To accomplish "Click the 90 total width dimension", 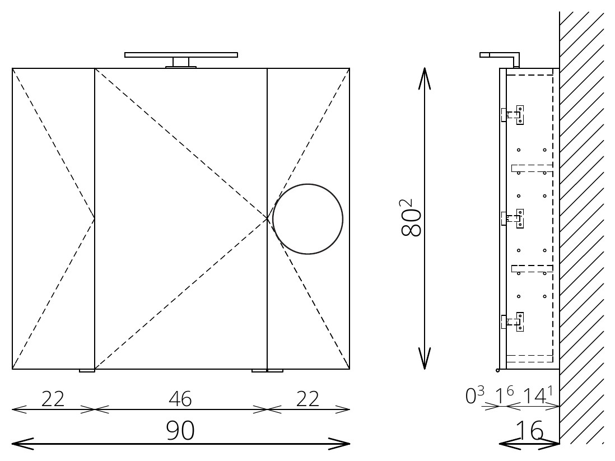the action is [x=180, y=431].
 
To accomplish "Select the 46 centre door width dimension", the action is [x=180, y=399].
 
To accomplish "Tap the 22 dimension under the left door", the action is [x=53, y=399].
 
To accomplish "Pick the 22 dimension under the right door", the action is [x=308, y=399].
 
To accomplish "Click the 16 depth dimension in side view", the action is [x=529, y=431].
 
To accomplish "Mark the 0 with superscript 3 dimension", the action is [x=474, y=395].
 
